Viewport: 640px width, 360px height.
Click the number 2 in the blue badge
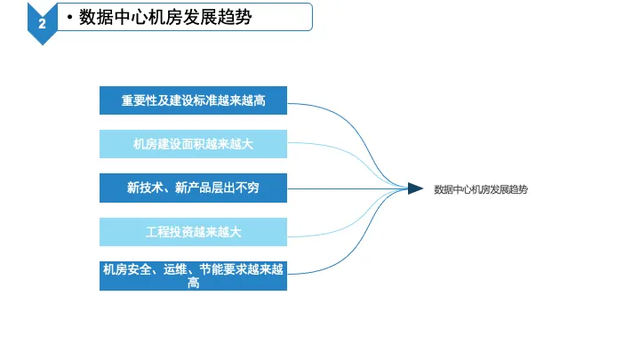point(42,24)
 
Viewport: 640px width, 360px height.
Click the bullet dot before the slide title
point(70,17)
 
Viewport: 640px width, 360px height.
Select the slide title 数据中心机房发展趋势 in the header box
point(165,17)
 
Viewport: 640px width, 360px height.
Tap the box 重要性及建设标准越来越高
point(193,100)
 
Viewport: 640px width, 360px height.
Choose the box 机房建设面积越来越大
point(193,144)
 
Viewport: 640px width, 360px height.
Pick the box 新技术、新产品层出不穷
point(193,188)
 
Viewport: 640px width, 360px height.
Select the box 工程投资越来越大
point(193,232)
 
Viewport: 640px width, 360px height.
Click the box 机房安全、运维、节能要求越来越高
point(193,276)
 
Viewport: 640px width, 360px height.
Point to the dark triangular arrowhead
point(415,188)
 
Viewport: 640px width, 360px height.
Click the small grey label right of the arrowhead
point(480,189)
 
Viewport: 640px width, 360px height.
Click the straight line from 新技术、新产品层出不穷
point(348,188)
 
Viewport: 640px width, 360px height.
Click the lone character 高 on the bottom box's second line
point(194,283)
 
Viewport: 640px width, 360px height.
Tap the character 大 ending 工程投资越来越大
point(235,232)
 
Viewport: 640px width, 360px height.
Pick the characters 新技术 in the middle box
point(145,188)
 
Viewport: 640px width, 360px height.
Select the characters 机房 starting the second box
point(145,144)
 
